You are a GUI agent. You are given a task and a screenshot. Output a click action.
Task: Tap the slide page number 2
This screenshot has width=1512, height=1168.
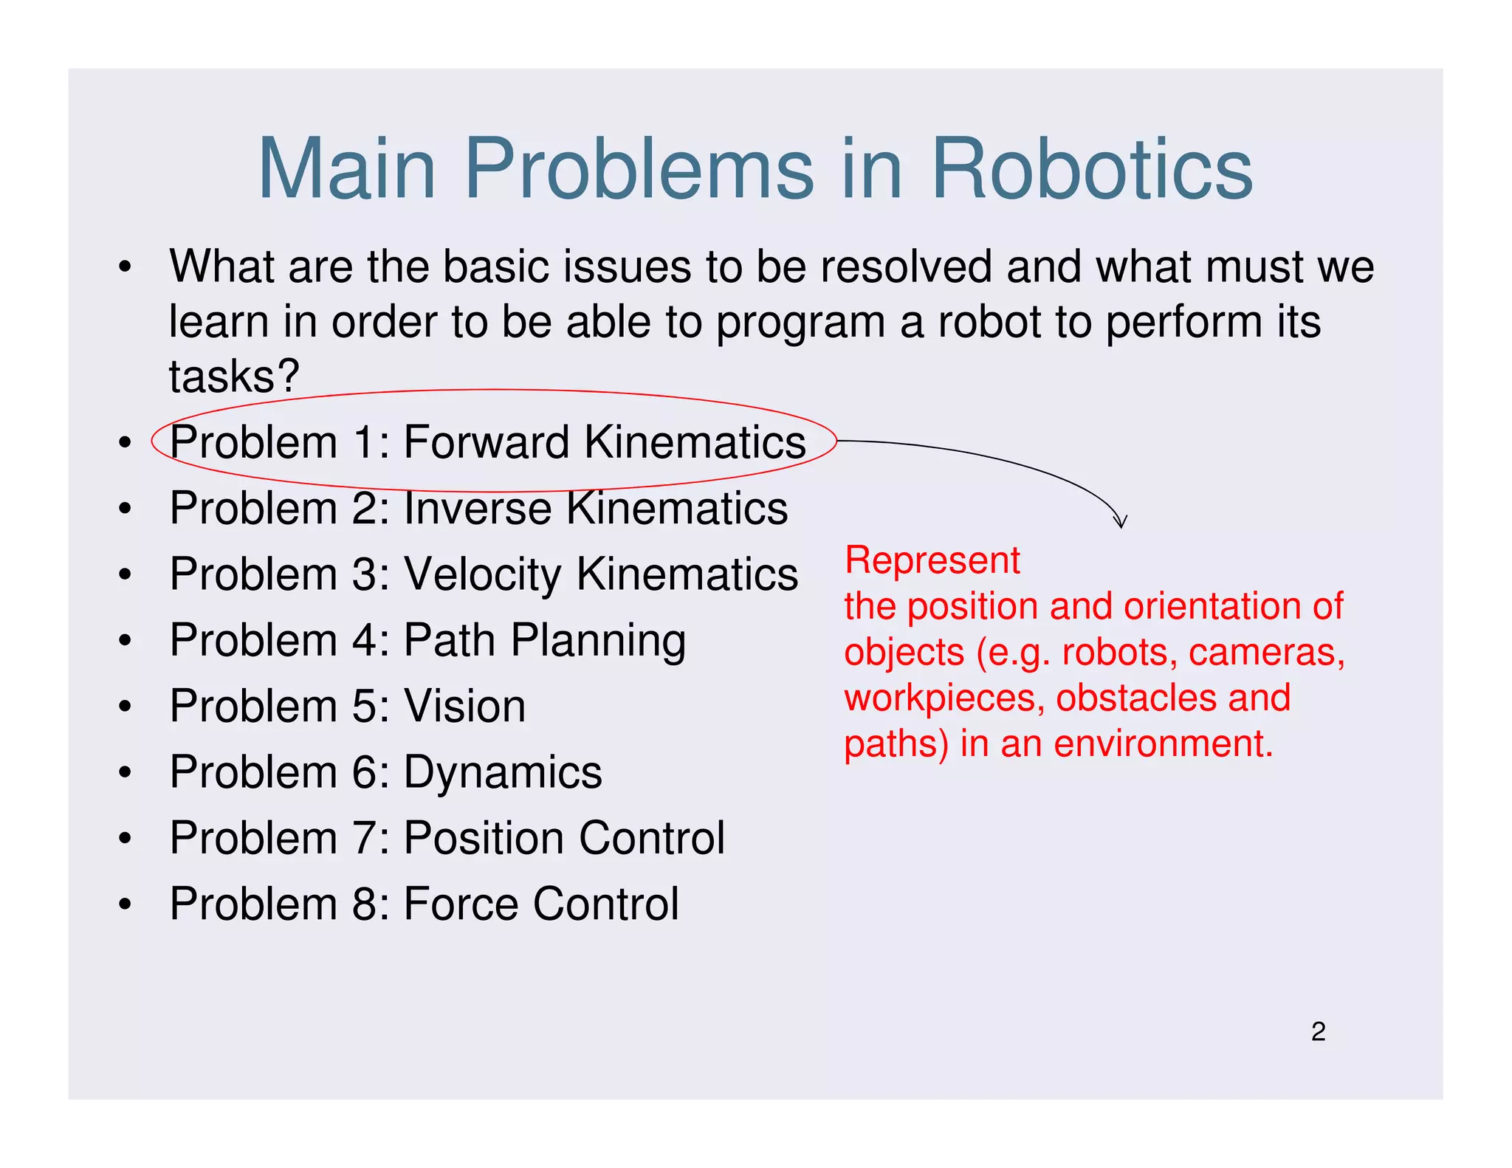pos(1318,1031)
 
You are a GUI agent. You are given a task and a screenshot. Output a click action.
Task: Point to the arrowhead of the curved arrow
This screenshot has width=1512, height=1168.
pos(1120,523)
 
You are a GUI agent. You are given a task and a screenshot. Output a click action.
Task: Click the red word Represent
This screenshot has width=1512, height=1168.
pos(932,560)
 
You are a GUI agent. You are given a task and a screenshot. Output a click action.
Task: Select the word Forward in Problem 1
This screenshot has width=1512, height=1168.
pos(487,442)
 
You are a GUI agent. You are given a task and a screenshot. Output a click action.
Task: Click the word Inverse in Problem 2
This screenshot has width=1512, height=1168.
pos(478,509)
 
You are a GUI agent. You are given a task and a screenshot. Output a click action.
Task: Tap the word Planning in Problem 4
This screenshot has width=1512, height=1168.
pos(598,641)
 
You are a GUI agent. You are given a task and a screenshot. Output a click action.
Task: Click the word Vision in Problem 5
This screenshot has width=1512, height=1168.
pos(464,707)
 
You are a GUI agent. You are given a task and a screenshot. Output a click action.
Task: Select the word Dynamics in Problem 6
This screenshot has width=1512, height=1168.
pos(503,772)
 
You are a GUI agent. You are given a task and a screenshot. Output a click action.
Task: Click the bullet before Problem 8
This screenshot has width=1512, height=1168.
pos(126,904)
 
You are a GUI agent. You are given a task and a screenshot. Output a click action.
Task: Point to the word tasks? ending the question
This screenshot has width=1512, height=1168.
pos(234,377)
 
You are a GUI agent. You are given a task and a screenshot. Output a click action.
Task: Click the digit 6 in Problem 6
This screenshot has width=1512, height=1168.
pos(365,772)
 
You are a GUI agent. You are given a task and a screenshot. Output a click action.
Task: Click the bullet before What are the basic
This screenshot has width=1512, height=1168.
pos(126,267)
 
